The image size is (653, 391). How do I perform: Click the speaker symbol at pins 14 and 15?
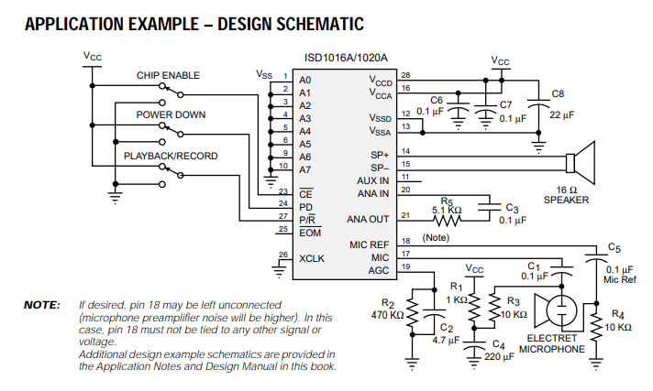(581, 163)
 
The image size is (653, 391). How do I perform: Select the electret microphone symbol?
(556, 310)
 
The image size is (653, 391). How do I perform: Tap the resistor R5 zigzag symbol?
(447, 220)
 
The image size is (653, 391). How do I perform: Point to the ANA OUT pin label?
(368, 219)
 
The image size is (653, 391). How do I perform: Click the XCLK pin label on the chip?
(312, 258)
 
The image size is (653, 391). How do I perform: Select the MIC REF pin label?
(369, 244)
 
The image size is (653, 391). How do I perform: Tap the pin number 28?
(405, 75)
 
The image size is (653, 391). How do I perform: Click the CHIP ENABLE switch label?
(168, 75)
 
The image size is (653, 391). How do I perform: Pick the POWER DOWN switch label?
(171, 114)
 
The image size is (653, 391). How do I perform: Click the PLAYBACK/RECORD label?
(171, 156)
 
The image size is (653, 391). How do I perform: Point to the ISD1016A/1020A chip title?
(346, 58)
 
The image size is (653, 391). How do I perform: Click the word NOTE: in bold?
(42, 305)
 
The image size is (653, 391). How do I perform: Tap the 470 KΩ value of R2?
(387, 315)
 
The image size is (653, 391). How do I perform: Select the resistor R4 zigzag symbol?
(596, 327)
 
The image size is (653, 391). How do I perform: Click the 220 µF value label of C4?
(499, 357)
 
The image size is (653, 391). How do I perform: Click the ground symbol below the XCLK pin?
(279, 272)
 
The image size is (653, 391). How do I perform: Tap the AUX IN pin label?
(372, 181)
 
